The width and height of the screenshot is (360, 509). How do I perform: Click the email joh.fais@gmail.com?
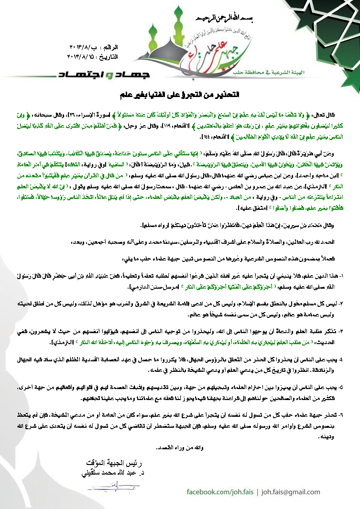click(293, 491)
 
